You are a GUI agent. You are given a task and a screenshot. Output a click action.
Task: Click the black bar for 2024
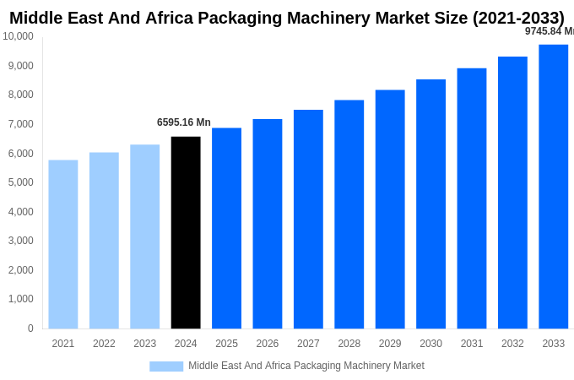click(x=186, y=232)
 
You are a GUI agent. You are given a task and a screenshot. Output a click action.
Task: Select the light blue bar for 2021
click(x=63, y=244)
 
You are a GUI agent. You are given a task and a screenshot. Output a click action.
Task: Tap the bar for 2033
click(x=554, y=187)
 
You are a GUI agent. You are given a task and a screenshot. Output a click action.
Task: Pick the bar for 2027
click(x=308, y=219)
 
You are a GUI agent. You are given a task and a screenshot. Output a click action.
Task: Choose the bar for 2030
click(x=430, y=204)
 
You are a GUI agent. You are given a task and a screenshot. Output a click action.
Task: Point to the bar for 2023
click(x=144, y=236)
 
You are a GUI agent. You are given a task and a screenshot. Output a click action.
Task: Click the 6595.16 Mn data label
click(x=184, y=122)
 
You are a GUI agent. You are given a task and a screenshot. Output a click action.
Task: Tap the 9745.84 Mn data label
click(x=549, y=31)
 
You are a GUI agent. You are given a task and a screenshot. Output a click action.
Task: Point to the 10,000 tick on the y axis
click(x=18, y=36)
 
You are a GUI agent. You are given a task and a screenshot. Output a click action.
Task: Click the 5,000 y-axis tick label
click(x=19, y=182)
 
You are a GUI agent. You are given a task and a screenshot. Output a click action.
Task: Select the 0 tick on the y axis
click(x=30, y=328)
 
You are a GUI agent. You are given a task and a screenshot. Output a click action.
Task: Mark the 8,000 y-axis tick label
click(x=19, y=95)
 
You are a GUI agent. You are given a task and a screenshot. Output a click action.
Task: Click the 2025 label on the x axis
click(x=226, y=344)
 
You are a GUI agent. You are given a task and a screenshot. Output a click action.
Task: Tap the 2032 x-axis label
click(x=512, y=344)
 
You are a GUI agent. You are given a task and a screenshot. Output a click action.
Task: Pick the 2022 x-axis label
click(x=104, y=344)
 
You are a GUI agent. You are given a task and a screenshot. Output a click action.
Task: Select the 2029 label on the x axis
click(x=390, y=344)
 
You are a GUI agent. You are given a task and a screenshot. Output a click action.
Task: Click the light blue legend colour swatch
click(x=166, y=366)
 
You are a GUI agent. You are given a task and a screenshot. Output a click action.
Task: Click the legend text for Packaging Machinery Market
click(x=306, y=366)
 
